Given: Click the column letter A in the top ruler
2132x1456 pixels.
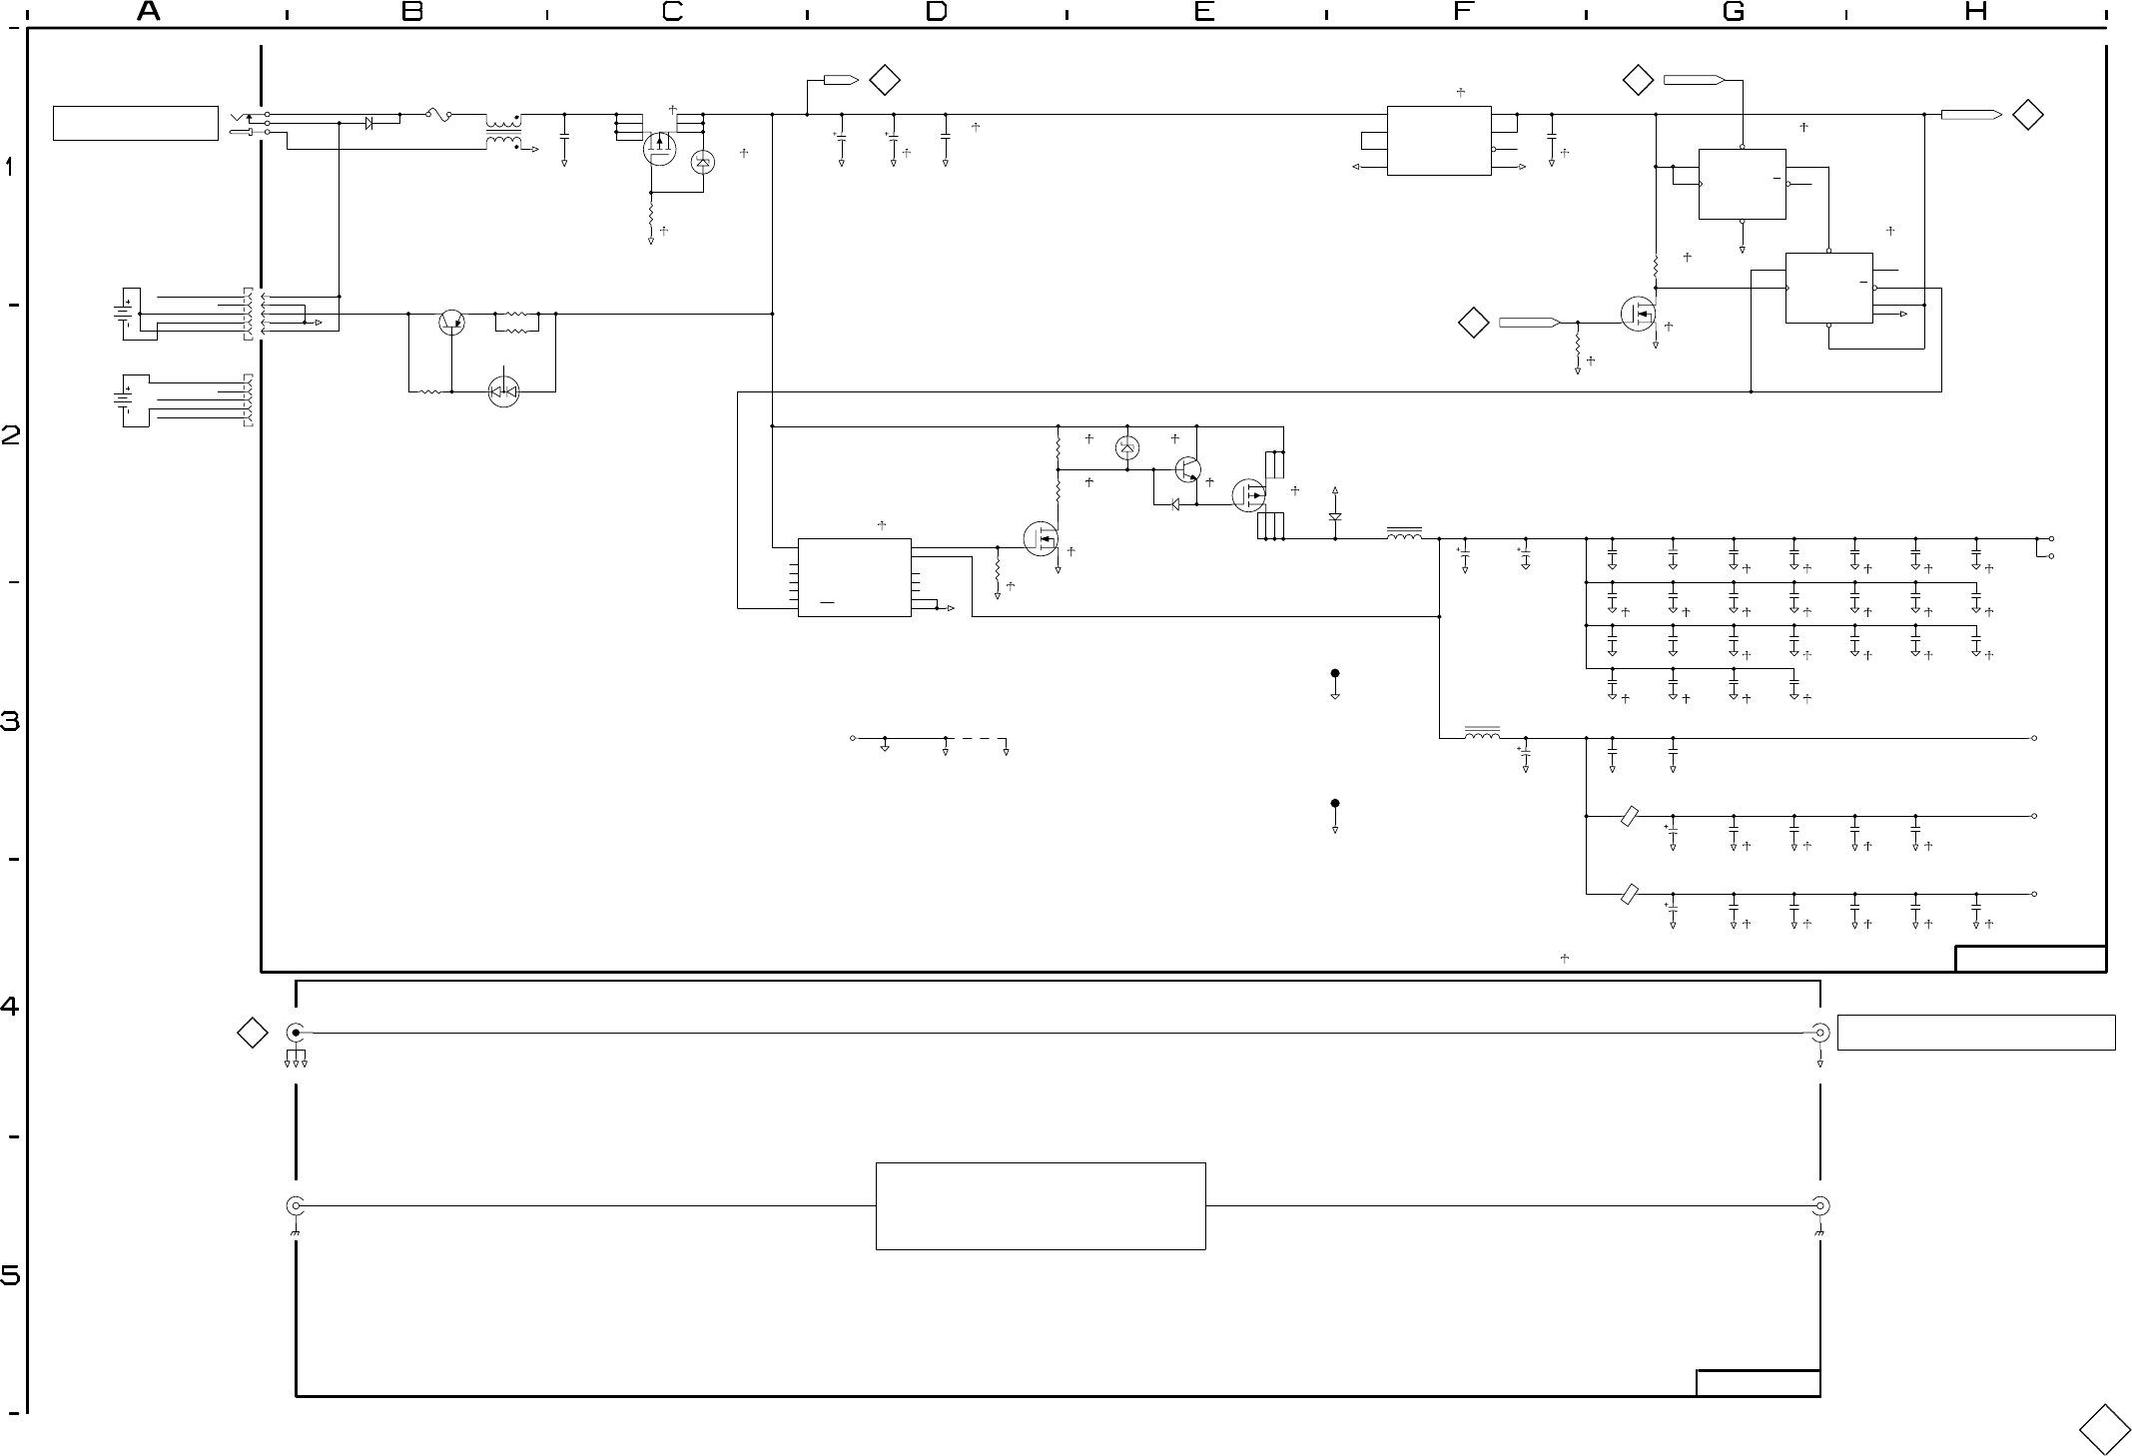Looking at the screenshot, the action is pos(149,12).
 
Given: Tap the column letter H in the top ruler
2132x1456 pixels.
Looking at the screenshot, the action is pos(1975,12).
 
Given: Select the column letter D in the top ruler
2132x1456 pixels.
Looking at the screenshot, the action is pos(936,12).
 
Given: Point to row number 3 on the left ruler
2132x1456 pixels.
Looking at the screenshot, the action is pos(10,721).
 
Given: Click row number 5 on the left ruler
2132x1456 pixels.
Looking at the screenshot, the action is pos(10,1276).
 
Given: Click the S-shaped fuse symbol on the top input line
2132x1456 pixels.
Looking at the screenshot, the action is pos(439,115).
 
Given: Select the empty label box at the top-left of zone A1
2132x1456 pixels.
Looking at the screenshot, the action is pos(136,123).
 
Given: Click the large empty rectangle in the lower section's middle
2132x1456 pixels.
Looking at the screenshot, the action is pos(1041,1205).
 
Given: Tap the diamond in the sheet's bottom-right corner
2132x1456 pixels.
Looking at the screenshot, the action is pos(2104,1430).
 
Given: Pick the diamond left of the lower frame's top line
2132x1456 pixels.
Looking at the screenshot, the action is pos(252,1033).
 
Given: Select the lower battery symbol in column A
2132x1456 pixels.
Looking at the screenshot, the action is pos(124,399).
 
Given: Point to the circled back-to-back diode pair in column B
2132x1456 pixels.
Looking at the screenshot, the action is pos(504,391).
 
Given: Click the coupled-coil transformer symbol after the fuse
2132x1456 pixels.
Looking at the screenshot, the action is pos(503,133).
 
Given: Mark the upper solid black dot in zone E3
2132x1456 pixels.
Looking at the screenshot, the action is pos(1335,673).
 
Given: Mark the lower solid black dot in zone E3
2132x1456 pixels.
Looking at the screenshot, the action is pos(1335,803).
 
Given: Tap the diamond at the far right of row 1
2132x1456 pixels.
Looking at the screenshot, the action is pos(2028,115).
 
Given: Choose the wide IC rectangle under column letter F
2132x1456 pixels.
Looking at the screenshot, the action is pos(1439,141).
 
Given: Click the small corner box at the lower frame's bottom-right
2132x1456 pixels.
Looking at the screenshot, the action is pos(1758,1383).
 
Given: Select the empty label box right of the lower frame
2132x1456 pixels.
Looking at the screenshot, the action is pos(1976,1033).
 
